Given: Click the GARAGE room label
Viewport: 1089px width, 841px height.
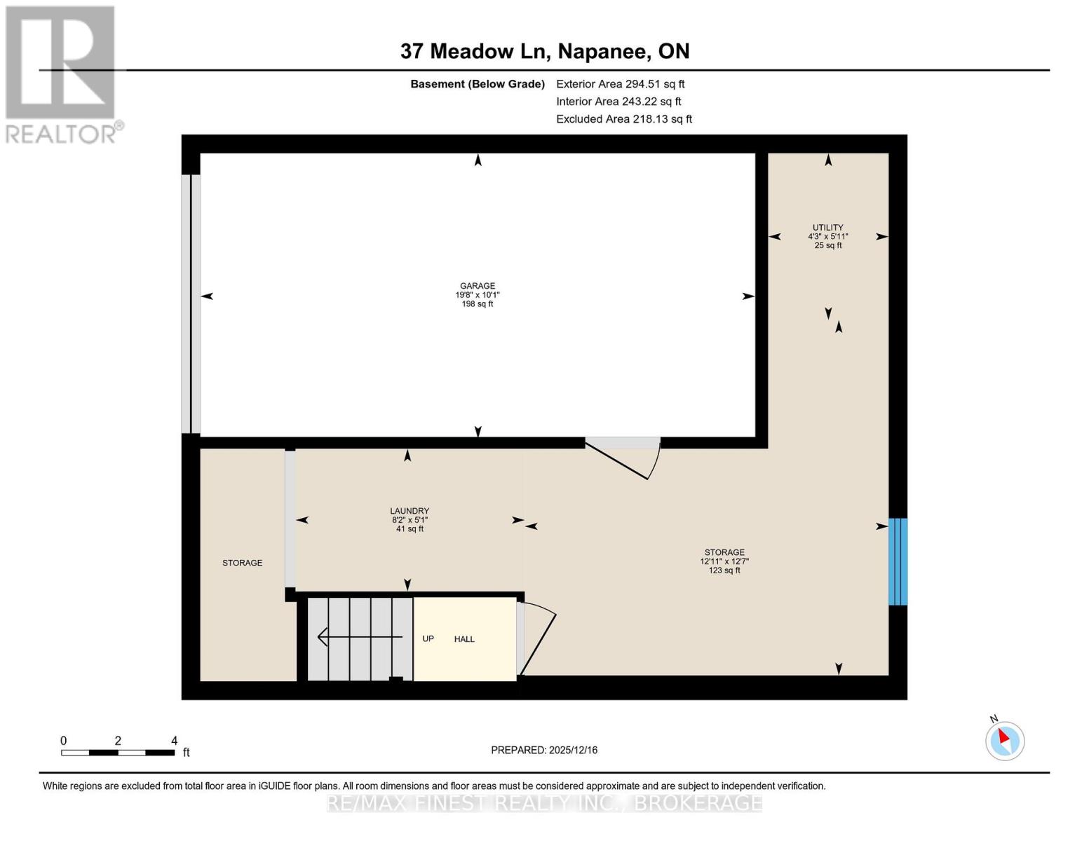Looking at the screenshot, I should click(x=477, y=286).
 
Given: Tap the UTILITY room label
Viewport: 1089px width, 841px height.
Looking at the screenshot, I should click(x=827, y=228).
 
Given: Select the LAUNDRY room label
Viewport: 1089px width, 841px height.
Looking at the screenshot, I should click(x=410, y=511).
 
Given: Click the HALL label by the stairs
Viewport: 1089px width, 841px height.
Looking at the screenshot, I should click(x=464, y=639).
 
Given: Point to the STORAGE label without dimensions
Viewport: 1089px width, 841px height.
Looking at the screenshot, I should click(x=242, y=563).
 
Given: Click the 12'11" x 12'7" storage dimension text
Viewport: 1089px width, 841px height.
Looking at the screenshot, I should click(x=724, y=561).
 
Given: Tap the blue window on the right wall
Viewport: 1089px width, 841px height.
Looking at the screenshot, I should click(x=898, y=561).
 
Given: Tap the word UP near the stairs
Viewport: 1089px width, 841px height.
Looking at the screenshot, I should click(x=428, y=639).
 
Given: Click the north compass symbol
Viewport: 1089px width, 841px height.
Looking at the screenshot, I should click(x=1004, y=740).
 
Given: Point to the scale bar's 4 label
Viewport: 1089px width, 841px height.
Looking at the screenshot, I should click(x=174, y=741).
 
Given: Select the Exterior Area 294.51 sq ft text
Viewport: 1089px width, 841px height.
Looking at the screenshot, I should click(x=620, y=84).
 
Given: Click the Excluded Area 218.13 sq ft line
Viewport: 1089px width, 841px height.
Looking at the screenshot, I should click(x=623, y=119).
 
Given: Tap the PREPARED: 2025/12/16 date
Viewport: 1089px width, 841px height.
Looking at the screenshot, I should click(x=544, y=750).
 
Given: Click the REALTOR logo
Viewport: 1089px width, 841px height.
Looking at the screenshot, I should click(x=62, y=74).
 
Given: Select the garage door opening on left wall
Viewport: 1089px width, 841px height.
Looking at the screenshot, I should click(x=191, y=303).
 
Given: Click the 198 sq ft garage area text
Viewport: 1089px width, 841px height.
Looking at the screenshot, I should click(x=477, y=304).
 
